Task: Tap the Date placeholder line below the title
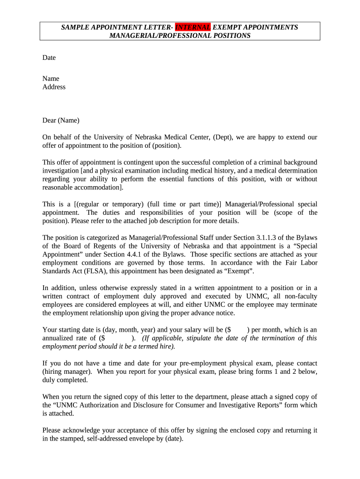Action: (49, 58)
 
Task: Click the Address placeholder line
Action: (54, 87)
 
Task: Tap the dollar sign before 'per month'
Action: (229, 330)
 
